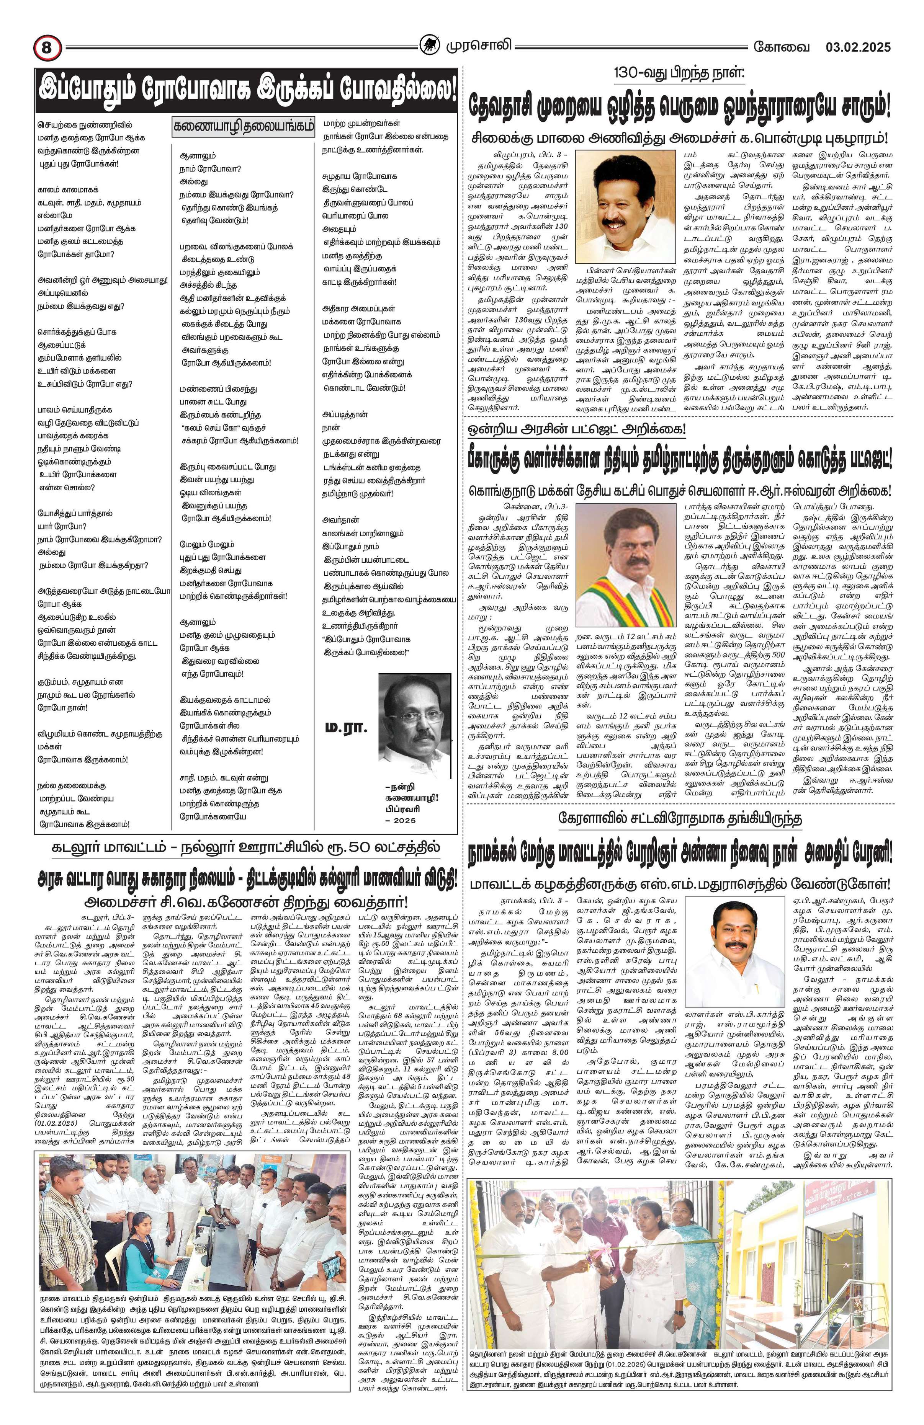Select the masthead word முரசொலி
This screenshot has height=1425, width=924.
(476, 46)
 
